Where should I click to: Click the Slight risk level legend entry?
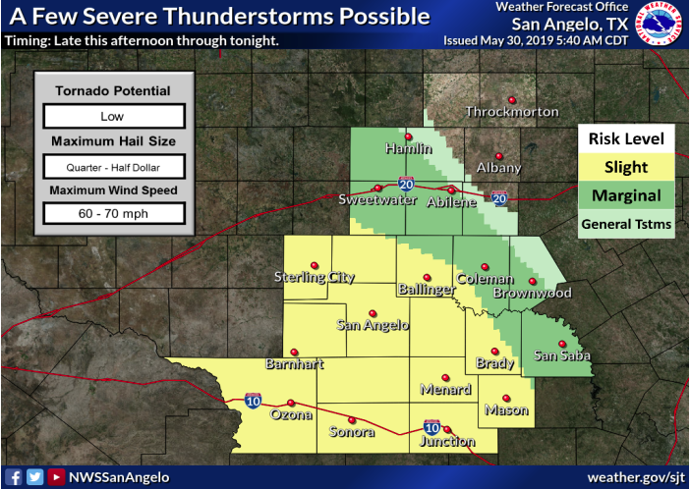click(x=625, y=167)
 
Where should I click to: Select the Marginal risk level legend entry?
click(x=625, y=195)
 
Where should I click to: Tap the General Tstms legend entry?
click(x=625, y=224)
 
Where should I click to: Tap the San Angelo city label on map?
click(x=373, y=325)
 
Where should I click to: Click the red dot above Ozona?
click(x=291, y=402)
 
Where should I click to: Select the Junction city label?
click(x=447, y=441)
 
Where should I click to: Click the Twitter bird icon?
click(x=34, y=477)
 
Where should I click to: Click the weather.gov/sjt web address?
click(x=635, y=477)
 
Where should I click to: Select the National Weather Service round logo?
click(x=659, y=24)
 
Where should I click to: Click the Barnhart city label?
click(x=294, y=364)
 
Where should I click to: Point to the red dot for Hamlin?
click(x=408, y=136)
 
